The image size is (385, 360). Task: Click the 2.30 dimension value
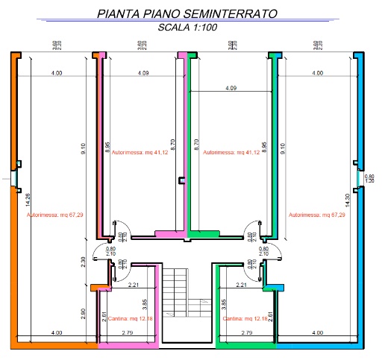84,262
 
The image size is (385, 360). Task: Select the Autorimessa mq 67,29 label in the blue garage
317,215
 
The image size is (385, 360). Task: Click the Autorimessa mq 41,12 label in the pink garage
144,152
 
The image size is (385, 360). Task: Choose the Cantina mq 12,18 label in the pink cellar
131,318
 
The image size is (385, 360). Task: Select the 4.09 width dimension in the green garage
231,89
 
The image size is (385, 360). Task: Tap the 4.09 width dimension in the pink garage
144,73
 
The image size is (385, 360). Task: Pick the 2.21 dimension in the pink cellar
134,285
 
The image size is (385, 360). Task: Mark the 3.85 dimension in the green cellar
224,303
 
